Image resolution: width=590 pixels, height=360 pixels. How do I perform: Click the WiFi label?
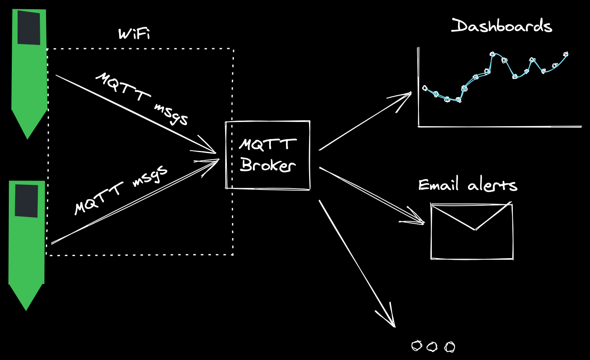(x=134, y=34)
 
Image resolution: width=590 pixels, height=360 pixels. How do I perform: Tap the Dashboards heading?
(x=502, y=26)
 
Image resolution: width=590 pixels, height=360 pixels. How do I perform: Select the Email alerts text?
(x=468, y=185)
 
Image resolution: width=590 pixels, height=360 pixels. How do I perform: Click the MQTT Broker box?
(x=268, y=155)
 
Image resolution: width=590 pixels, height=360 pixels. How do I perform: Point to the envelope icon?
(x=472, y=231)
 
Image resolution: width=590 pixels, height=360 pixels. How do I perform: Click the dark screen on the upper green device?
(x=29, y=28)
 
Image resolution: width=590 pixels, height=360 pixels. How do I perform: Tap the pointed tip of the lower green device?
(x=26, y=308)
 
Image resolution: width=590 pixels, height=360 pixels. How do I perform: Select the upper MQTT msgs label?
(x=142, y=98)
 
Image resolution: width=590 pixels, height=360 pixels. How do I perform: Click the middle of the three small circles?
(x=432, y=347)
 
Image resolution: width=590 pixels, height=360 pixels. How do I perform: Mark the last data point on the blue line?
(x=566, y=54)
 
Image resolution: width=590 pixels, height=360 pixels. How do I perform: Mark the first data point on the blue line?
(x=425, y=88)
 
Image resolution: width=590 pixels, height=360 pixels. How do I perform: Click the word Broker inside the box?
(x=268, y=165)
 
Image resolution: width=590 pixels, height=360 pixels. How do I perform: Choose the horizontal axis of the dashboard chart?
(x=499, y=126)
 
